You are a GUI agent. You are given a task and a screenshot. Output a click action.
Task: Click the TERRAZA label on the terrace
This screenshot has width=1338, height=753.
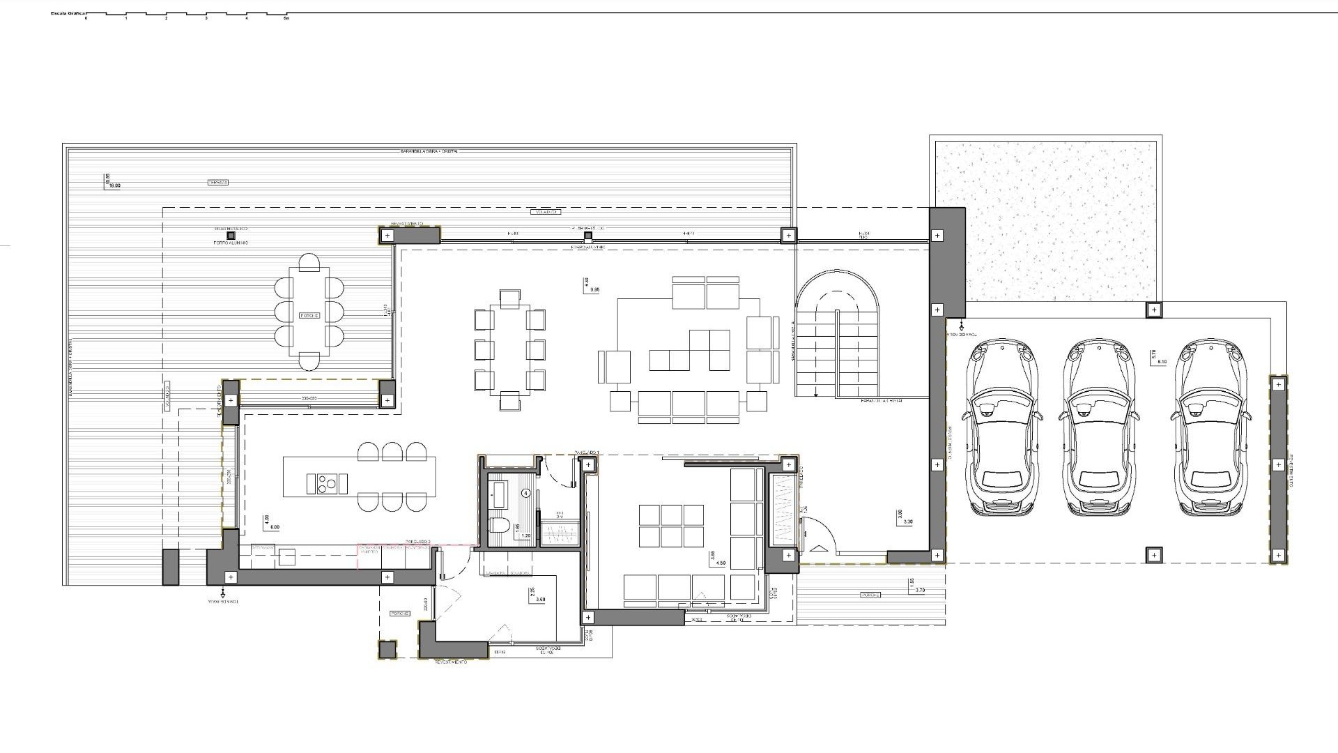click(x=217, y=183)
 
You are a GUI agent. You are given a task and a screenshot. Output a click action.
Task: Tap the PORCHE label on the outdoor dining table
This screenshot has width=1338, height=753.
click(x=309, y=316)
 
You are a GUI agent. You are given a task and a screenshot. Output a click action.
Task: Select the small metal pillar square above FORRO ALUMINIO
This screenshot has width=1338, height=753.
click(x=231, y=236)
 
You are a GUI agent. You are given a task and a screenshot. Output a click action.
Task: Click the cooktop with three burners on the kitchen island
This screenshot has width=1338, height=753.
click(x=327, y=483)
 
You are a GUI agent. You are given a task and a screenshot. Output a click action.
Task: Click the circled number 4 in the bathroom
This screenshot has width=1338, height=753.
click(x=526, y=492)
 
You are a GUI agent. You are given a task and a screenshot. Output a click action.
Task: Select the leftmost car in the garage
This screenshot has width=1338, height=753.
click(x=1001, y=427)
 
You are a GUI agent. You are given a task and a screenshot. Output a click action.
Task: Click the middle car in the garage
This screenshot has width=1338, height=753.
click(x=1099, y=427)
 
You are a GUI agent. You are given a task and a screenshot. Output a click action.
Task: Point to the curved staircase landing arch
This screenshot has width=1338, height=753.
click(x=837, y=293)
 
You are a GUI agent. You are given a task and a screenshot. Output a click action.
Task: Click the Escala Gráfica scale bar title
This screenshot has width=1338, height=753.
click(x=68, y=13)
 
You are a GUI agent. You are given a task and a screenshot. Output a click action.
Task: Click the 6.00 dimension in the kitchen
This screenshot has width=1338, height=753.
click(x=274, y=527)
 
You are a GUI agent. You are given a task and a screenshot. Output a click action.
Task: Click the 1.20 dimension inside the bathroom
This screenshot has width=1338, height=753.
click(x=525, y=536)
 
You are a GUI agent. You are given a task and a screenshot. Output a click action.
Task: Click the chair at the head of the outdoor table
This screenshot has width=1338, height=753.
click(x=309, y=263)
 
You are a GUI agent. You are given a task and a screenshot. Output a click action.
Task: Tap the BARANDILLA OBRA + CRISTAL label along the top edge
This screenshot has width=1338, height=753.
click(x=430, y=151)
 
